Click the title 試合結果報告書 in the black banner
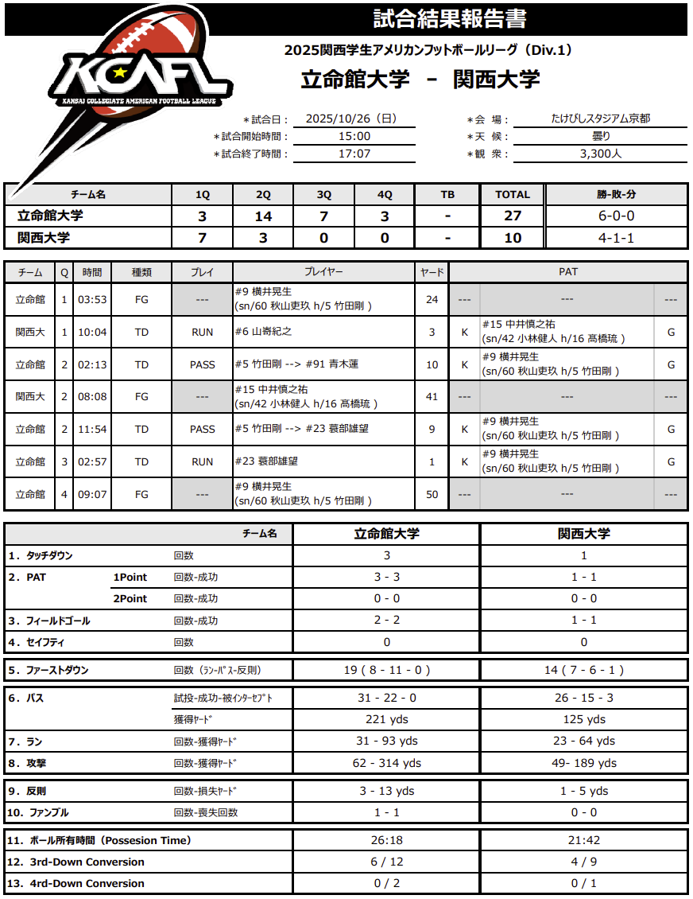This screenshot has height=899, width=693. click(450, 18)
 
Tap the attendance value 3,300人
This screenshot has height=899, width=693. click(601, 154)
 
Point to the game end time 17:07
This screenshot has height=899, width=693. click(354, 154)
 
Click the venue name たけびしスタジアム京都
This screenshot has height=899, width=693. click(601, 119)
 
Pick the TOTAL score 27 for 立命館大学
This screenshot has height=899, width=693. click(513, 216)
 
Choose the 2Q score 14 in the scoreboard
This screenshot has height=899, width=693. click(263, 216)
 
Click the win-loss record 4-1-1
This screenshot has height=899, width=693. click(616, 237)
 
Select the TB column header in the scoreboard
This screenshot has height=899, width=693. click(447, 194)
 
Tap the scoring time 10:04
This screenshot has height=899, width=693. click(92, 332)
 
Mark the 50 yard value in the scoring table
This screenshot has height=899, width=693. click(432, 494)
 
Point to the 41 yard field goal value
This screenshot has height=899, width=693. click(432, 396)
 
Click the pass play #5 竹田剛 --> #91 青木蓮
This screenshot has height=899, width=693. click(296, 364)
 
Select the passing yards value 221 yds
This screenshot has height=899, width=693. click(386, 719)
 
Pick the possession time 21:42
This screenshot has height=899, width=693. click(583, 840)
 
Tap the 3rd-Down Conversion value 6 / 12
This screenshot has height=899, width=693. click(386, 862)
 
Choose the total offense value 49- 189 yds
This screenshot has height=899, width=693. click(583, 763)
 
